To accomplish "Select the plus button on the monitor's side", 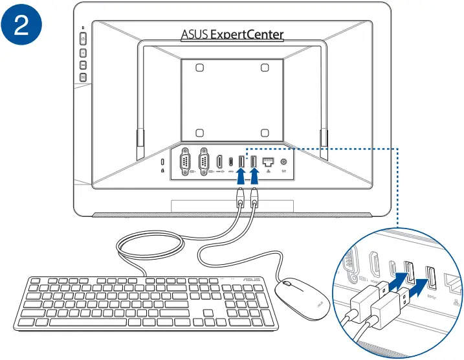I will pos(83,52).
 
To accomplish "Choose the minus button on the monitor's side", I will pos(83,65).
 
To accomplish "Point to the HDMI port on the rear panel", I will pos(221,161).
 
